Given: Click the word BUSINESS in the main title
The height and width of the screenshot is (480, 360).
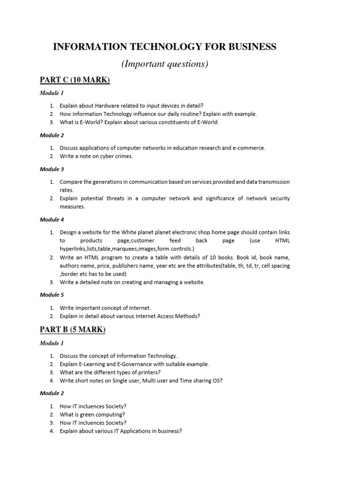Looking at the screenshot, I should (250, 46).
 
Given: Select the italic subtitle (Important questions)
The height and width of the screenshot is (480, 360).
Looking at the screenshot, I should (165, 64).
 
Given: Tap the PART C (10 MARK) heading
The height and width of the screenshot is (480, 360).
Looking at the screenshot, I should (75, 80).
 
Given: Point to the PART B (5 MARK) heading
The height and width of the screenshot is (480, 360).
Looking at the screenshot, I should (73, 330).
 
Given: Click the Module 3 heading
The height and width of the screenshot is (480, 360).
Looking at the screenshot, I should (52, 169).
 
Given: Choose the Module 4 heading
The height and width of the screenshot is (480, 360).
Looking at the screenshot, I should (52, 219).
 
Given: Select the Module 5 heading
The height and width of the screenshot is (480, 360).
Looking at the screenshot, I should (52, 295).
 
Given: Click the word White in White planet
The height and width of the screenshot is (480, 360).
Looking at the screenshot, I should (129, 232).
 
